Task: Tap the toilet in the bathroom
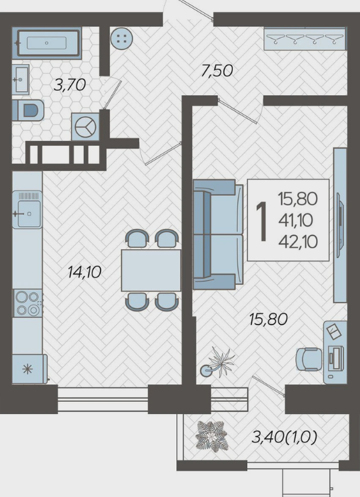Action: click(28, 110)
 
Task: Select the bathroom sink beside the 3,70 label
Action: click(21, 79)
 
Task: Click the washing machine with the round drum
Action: click(85, 127)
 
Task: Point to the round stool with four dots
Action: click(122, 38)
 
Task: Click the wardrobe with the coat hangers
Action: click(305, 38)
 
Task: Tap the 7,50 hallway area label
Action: click(217, 70)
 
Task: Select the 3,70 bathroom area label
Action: click(70, 85)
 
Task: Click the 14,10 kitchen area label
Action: click(84, 272)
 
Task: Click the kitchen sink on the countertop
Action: click(28, 209)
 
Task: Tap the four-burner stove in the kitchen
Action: click(28, 303)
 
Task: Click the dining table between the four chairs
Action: click(151, 270)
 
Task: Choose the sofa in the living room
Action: click(218, 234)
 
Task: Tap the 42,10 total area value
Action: click(298, 242)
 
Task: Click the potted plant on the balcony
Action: click(212, 435)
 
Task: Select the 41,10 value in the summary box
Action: click(296, 220)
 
